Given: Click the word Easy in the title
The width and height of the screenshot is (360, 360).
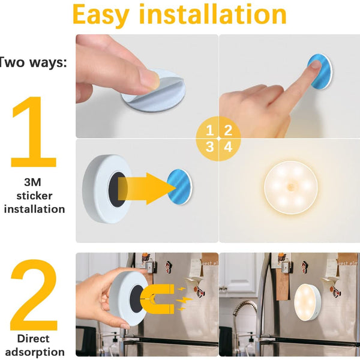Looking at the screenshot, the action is pos(101,15).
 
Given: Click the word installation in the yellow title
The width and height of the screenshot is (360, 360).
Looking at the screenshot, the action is pos(213,14).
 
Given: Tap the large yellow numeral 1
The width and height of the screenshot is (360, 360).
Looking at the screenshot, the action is pos(34,132).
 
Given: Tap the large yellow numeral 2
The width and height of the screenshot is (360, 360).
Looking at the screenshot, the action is pos(34,295).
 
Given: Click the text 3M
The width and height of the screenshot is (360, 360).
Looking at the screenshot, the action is pos(32,182).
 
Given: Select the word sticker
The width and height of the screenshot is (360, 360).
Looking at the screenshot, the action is pos(34,196).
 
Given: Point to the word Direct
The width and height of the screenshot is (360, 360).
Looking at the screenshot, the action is pos(33,338).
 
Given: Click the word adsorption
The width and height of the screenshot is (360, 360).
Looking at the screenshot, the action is pos(35,352).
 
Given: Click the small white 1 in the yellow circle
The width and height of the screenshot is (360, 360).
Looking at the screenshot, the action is pos(209,130).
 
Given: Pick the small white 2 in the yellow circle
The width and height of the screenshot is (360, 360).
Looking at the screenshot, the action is pos(228,130).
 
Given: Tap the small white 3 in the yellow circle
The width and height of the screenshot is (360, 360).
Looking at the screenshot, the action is pos(209,147).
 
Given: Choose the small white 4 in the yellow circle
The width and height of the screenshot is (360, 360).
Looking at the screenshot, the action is pos(228,147).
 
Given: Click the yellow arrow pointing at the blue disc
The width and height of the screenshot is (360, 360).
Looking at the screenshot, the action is pos(147,188).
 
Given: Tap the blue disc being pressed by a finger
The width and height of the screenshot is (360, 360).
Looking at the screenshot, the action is pos(320,71).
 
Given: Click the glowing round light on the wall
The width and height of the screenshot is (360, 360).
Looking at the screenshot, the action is pos(291,187).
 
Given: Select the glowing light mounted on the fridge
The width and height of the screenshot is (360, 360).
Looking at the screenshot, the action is pos(307,302).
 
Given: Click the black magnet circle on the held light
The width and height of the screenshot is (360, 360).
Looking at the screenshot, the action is pos(137,299).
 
